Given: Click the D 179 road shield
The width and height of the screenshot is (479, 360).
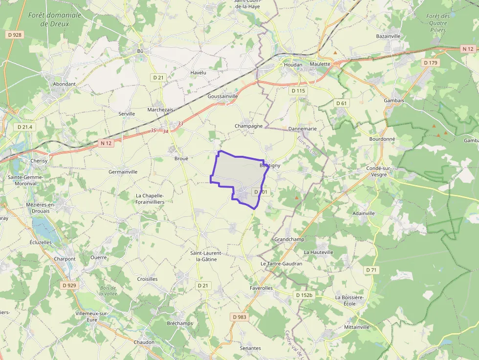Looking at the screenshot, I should [x=431, y=63].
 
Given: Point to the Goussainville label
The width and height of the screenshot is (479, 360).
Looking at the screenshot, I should [x=222, y=96].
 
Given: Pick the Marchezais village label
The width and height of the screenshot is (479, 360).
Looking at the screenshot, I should [x=160, y=110].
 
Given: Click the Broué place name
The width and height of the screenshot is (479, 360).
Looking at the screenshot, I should [x=181, y=158].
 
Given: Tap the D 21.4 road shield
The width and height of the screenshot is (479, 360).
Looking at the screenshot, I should [x=24, y=127].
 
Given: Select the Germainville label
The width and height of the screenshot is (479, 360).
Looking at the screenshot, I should [x=123, y=172].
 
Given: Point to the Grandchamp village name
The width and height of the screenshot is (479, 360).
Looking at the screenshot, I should [x=289, y=239].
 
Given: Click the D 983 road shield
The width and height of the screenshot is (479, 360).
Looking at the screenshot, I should [x=239, y=317].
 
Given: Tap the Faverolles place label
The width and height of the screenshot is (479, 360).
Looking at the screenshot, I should [x=261, y=288].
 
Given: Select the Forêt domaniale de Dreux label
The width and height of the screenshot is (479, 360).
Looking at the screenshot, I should [x=55, y=20].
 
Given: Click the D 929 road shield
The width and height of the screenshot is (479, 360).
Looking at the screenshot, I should [x=70, y=285].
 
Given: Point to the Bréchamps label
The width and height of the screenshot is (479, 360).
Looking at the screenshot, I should [x=180, y=323].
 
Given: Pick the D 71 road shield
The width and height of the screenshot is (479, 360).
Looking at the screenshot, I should [x=371, y=270].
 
